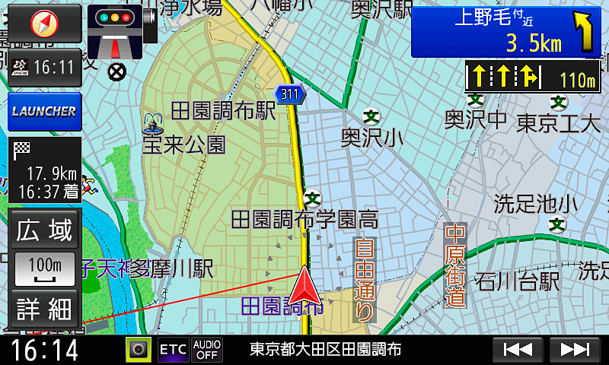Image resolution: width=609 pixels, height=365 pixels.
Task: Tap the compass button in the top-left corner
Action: (x=44, y=23)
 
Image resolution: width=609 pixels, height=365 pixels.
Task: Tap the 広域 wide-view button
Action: (x=45, y=230)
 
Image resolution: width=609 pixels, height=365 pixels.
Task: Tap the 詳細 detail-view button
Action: (x=45, y=309)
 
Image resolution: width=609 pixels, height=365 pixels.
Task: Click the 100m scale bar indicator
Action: (x=45, y=268)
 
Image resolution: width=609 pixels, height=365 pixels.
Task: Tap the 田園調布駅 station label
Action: (x=222, y=111)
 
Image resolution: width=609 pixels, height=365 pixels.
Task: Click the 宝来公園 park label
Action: (x=184, y=144)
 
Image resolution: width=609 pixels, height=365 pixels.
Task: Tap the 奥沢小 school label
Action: (x=372, y=137)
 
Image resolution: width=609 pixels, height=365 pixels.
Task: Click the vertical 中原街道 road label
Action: (x=455, y=264)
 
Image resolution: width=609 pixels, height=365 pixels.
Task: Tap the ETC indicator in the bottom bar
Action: (x=173, y=350)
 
